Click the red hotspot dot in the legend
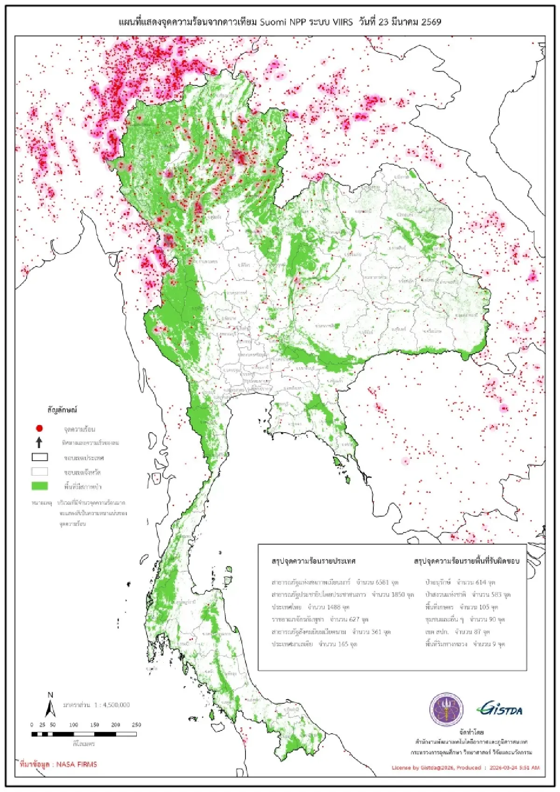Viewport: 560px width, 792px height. [40, 428]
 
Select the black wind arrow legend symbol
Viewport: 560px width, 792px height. [39, 442]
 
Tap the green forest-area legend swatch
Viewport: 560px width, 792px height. [40, 486]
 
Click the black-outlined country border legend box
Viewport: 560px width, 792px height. [40, 457]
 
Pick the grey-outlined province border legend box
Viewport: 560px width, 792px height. [40, 471]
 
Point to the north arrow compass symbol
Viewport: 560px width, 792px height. [50, 706]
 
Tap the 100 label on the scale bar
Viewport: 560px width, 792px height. [74, 725]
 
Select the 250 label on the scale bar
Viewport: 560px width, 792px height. [136, 725]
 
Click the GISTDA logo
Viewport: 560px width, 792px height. [500, 709]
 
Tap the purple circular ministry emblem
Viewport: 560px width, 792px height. [446, 709]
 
